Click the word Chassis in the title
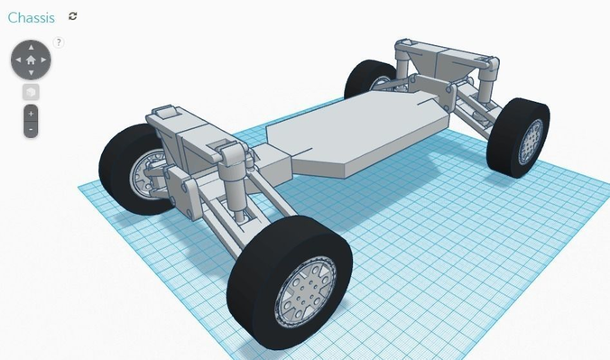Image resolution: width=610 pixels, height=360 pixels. [x=31, y=17]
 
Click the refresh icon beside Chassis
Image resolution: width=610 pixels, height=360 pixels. [x=73, y=16]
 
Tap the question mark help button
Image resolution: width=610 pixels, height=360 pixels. [x=60, y=42]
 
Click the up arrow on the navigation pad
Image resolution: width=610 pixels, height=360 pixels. [x=31, y=47]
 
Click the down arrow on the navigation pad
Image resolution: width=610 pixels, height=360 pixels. [x=31, y=72]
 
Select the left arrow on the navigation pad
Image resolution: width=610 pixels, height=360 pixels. [x=17, y=60]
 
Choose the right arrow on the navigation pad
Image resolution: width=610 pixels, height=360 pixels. [x=44, y=60]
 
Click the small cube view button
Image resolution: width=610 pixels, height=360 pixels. [x=31, y=92]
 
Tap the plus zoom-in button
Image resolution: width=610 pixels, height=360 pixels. [x=31, y=115]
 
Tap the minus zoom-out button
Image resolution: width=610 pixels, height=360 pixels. [x=31, y=129]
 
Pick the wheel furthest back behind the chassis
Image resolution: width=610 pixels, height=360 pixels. [x=365, y=81]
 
